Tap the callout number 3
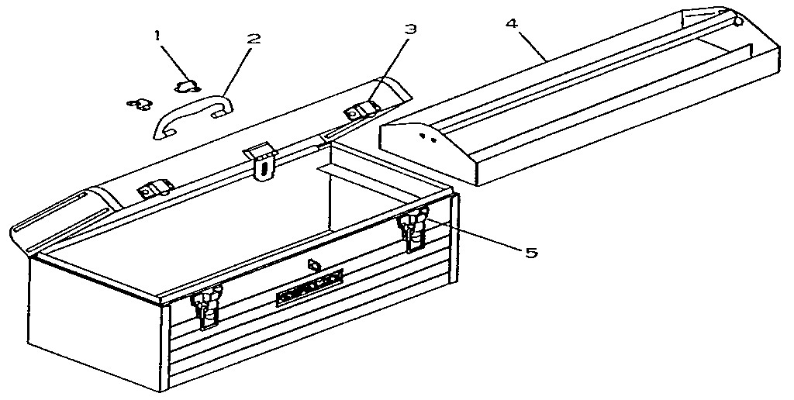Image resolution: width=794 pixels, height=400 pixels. [410, 29]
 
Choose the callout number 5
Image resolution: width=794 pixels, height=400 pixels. [532, 252]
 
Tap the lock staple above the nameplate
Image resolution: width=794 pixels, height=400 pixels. [312, 265]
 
